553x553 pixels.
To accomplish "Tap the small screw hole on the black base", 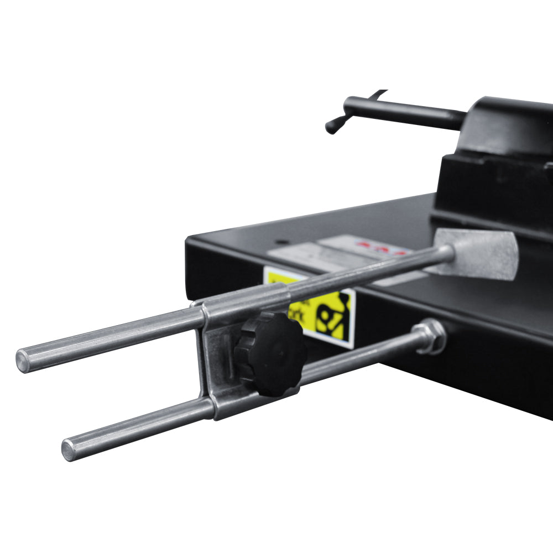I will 283,242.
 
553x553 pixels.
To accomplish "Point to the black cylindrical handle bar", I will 404,112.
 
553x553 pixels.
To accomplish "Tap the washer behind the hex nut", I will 440,336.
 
